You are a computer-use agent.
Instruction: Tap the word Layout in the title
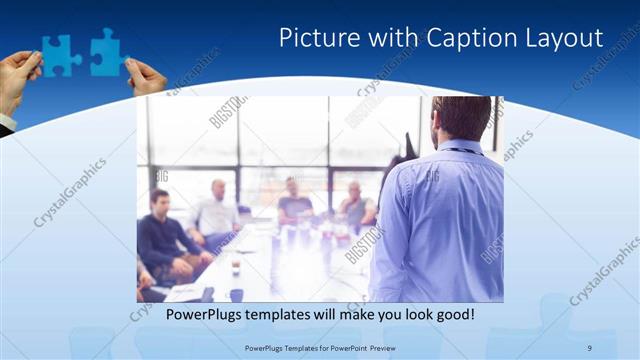[564, 38]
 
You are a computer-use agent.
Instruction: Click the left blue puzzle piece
[61, 55]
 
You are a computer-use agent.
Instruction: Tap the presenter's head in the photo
[461, 118]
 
